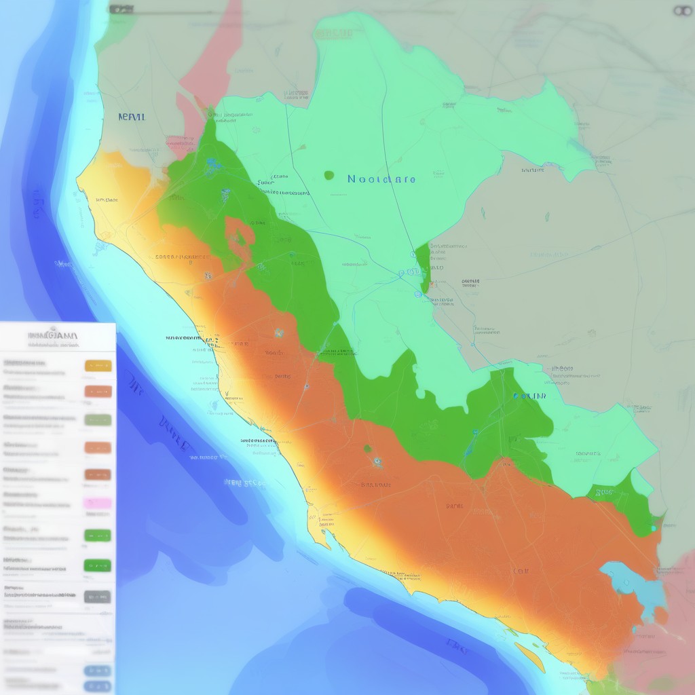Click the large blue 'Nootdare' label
381,179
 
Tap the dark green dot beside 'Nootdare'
329,175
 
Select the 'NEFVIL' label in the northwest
131,117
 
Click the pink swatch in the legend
98,504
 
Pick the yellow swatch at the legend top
98,366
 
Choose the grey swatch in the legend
98,597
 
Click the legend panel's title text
53,335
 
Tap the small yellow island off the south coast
530,654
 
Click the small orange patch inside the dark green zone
240,234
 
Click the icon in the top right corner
681,10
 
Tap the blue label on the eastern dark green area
529,396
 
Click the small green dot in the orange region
367,449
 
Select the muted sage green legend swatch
98,419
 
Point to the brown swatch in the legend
98,474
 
